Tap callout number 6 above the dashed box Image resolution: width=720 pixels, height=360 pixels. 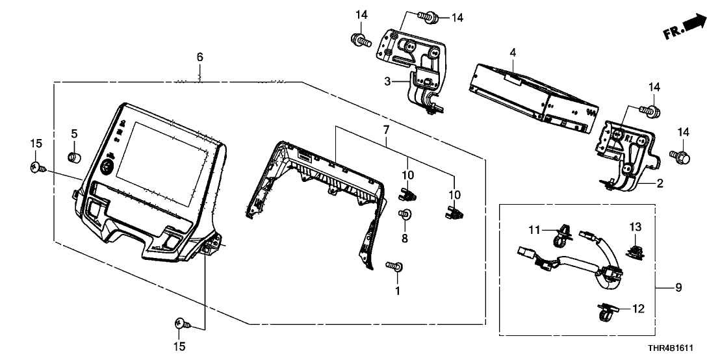tap(199, 58)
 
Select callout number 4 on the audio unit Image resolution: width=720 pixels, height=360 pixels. tap(512, 51)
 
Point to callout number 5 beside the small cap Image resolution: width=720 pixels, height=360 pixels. tap(74, 133)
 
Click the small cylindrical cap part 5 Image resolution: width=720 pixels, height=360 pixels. tap(74, 157)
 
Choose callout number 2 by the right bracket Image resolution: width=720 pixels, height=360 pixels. tap(659, 184)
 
